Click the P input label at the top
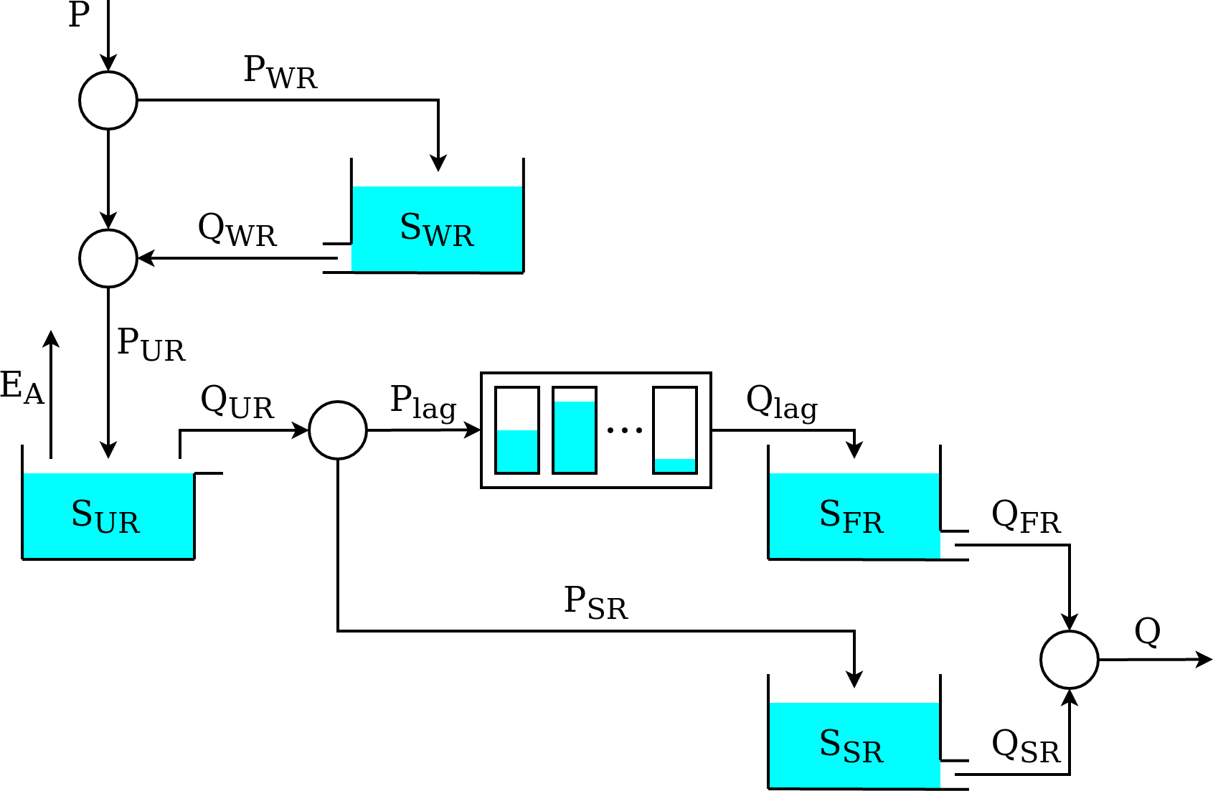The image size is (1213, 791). [x=79, y=15]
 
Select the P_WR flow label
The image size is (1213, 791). [x=280, y=72]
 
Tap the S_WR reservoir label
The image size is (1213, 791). [x=437, y=229]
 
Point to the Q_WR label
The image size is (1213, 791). [x=237, y=230]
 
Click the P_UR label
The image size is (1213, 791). [x=151, y=344]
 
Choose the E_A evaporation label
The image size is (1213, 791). [x=22, y=387]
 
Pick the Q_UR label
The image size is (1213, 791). [x=237, y=402]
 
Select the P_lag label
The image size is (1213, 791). [x=423, y=402]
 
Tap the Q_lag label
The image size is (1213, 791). [x=782, y=402]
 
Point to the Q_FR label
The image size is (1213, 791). [x=1026, y=517]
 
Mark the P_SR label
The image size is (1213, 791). [x=595, y=602]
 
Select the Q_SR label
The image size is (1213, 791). [x=1026, y=747]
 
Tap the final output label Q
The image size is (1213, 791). [x=1147, y=632]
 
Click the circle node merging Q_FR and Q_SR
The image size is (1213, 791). [x=1069, y=660]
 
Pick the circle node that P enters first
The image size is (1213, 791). [x=108, y=100]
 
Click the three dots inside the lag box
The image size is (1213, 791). [x=624, y=430]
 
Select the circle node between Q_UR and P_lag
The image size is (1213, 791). [x=338, y=430]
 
